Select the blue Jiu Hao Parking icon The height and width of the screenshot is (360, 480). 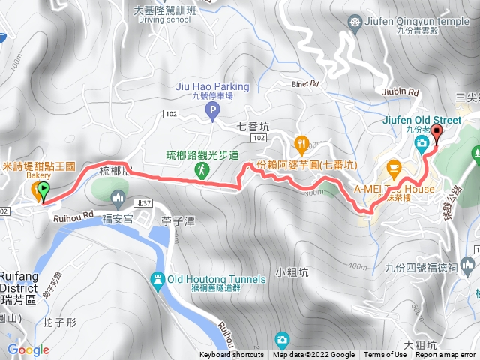click(212, 112)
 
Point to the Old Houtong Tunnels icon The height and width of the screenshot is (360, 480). click(157, 279)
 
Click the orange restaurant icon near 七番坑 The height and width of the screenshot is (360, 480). click(301, 142)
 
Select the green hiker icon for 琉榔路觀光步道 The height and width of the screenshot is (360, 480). click(202, 172)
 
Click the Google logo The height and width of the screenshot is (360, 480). click(28, 349)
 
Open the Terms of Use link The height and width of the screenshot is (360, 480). click(384, 355)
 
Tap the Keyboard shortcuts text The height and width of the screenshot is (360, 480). click(232, 355)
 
